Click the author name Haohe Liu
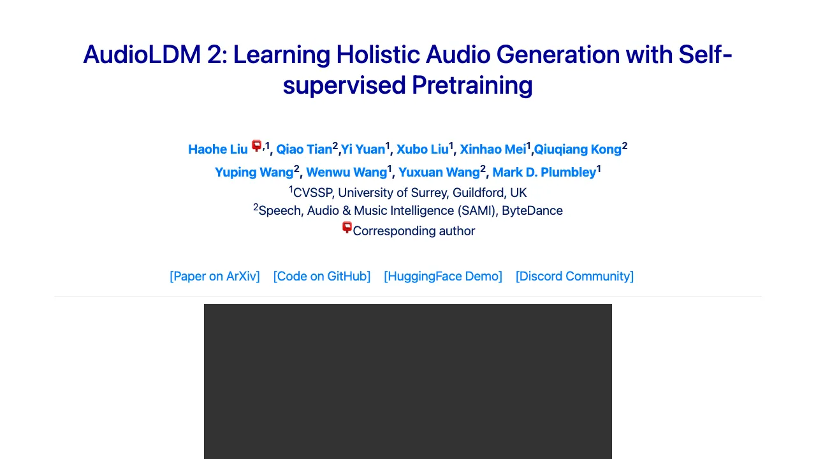pyautogui.click(x=217, y=149)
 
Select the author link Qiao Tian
pyautogui.click(x=304, y=149)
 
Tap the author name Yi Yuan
pyautogui.click(x=363, y=149)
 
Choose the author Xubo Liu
pyautogui.click(x=422, y=149)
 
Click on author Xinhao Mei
pyautogui.click(x=492, y=149)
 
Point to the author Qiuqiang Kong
pyautogui.click(x=577, y=149)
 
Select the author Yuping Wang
pyautogui.click(x=254, y=172)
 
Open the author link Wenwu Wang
pyautogui.click(x=346, y=172)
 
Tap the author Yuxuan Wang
pyautogui.click(x=439, y=172)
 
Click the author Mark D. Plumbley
pyautogui.click(x=544, y=172)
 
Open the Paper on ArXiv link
pyautogui.click(x=215, y=276)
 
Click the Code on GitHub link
pyautogui.click(x=322, y=276)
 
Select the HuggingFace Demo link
pyautogui.click(x=443, y=276)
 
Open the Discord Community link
pyautogui.click(x=574, y=276)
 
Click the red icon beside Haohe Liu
pyautogui.click(x=257, y=146)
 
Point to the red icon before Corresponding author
pyautogui.click(x=347, y=228)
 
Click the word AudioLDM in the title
pyautogui.click(x=141, y=55)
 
